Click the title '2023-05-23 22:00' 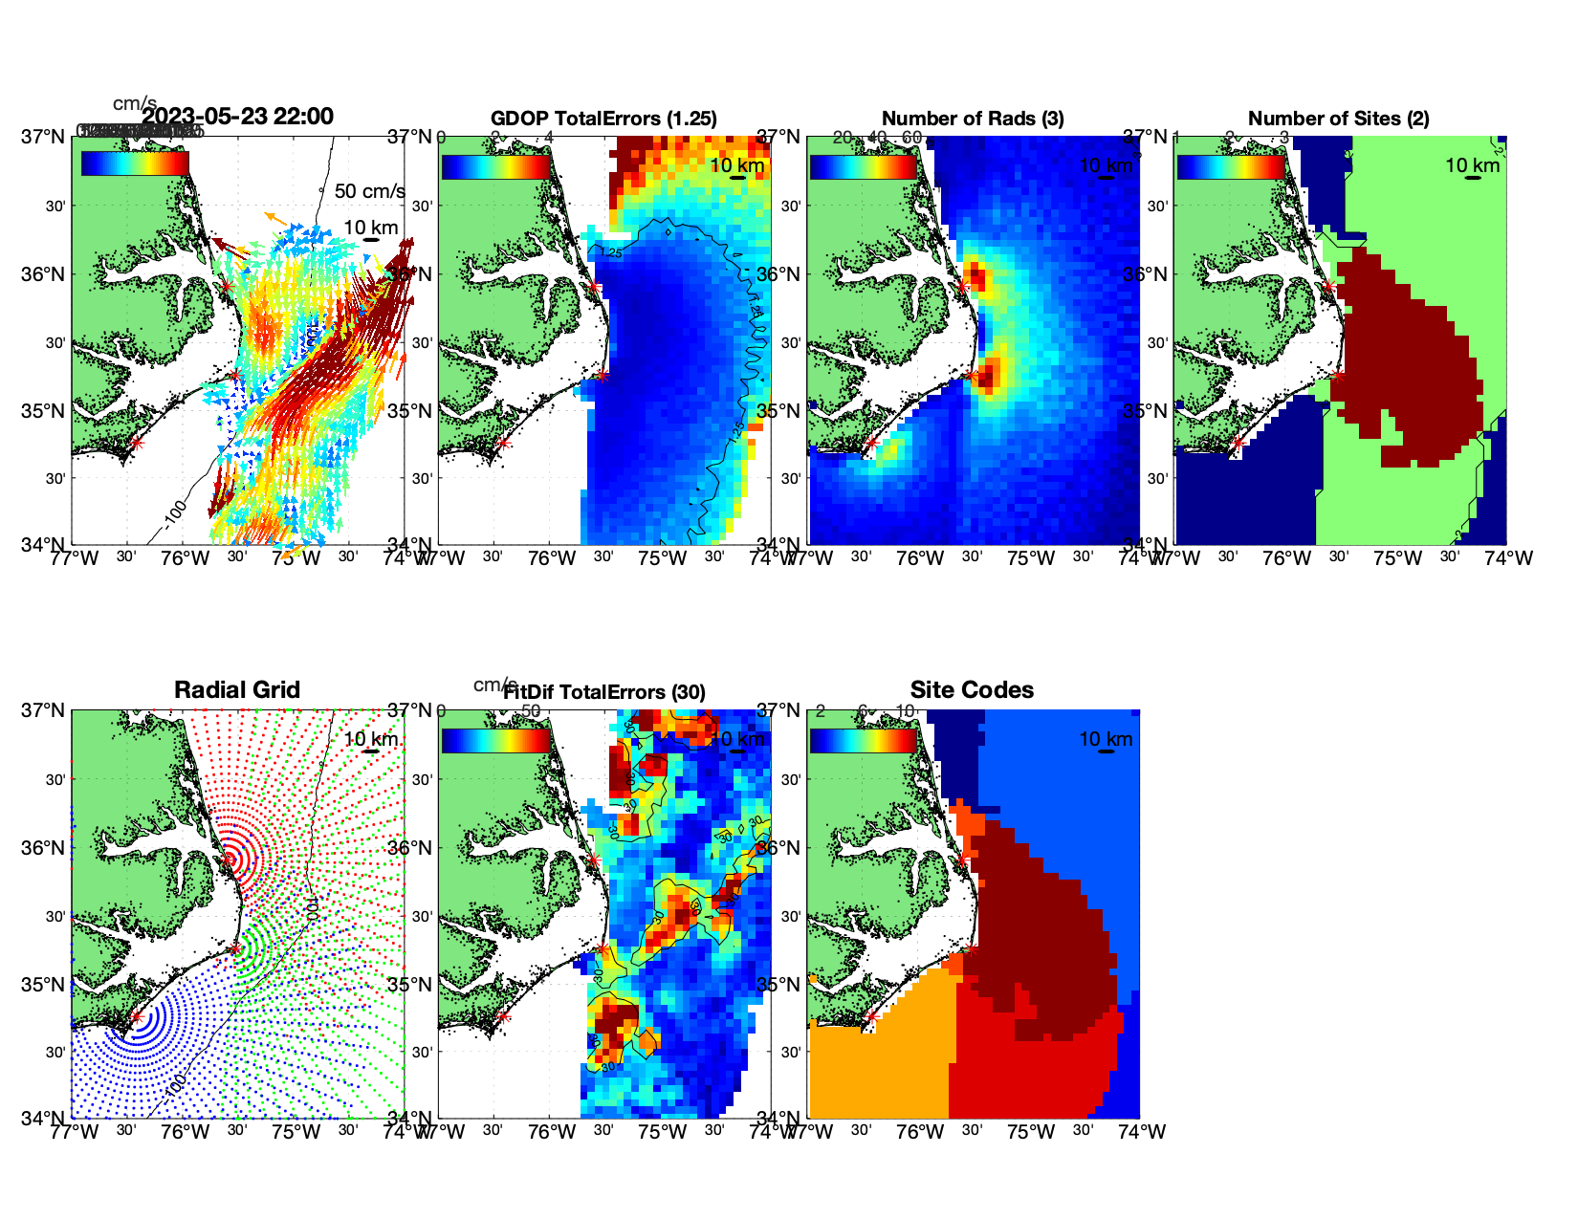237,117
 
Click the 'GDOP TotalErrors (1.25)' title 603,119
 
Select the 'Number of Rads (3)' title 972,119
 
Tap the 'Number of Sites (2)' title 1338,119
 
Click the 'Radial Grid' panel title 237,690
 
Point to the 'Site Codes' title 972,690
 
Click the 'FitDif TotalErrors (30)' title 603,692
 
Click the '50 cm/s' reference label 369,191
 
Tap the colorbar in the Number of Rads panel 863,166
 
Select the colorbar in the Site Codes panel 863,740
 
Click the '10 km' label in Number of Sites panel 1472,165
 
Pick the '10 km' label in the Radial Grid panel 370,739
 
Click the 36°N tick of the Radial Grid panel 45,848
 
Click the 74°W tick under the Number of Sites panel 1508,558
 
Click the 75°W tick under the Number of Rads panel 1030,558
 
